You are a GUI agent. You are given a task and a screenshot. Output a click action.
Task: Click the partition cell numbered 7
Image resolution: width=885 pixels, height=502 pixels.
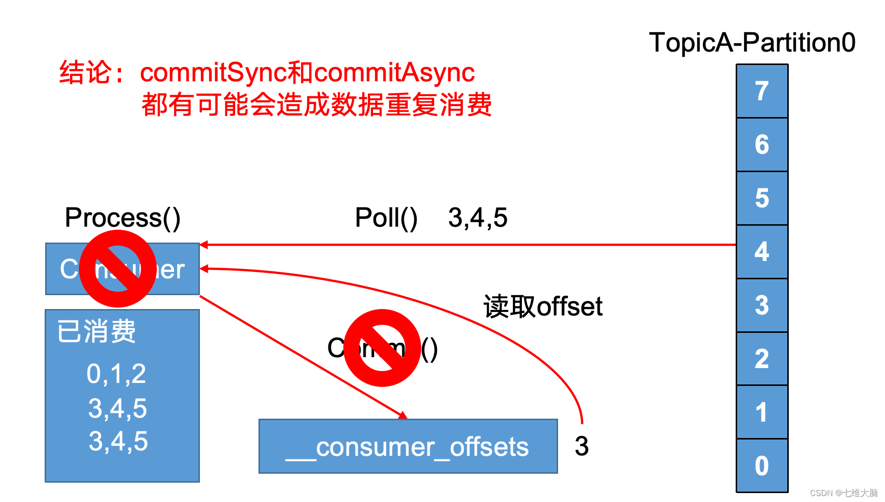[762, 91]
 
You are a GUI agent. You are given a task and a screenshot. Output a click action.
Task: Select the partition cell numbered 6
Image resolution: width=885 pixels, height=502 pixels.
[762, 145]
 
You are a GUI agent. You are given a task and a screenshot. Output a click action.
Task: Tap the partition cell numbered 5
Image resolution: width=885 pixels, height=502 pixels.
[762, 198]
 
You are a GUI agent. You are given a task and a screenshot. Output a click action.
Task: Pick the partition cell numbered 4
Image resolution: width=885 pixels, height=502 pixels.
[762, 252]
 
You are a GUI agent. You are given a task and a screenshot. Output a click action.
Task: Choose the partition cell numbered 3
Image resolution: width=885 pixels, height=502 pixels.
[762, 306]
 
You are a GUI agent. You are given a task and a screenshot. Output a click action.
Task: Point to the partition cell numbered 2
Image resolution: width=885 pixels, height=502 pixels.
[762, 359]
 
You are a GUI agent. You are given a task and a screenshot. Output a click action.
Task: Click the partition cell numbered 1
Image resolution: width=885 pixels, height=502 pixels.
[762, 413]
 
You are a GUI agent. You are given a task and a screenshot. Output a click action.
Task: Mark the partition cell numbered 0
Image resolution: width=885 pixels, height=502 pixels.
[762, 466]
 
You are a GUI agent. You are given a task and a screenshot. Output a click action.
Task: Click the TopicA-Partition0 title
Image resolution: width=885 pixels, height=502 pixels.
[752, 43]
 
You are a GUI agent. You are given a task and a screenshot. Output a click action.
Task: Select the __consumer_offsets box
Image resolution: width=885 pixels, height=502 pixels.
[408, 446]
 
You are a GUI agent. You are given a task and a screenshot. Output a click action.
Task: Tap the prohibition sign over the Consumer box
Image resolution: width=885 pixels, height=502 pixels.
[118, 268]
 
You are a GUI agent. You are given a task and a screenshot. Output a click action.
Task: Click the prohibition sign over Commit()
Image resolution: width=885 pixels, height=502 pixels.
[382, 348]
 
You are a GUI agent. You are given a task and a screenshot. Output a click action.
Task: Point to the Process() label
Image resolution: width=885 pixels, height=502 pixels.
[123, 218]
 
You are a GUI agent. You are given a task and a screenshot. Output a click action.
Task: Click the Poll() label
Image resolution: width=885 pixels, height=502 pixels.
[386, 218]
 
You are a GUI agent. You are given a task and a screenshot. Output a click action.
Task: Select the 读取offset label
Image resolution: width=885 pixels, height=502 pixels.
[543, 306]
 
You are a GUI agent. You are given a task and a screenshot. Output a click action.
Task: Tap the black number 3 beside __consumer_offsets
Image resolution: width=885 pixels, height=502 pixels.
[581, 446]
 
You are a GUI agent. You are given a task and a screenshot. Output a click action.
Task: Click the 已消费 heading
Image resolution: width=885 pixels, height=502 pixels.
[96, 331]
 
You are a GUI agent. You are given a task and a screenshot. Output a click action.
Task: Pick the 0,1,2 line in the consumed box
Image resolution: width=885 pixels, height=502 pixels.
[116, 374]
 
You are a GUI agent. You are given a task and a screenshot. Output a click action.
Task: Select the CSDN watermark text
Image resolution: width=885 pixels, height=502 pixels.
[843, 493]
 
